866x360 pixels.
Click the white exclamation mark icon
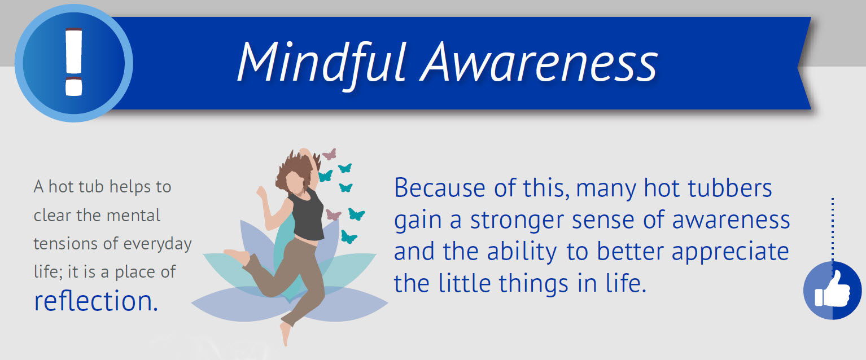tap(74, 62)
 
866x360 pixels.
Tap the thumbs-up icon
tap(832, 291)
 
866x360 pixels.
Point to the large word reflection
tap(96, 301)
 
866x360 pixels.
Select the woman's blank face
tap(297, 182)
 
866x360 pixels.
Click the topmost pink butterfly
tap(329, 154)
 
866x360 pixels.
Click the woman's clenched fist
tap(262, 192)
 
